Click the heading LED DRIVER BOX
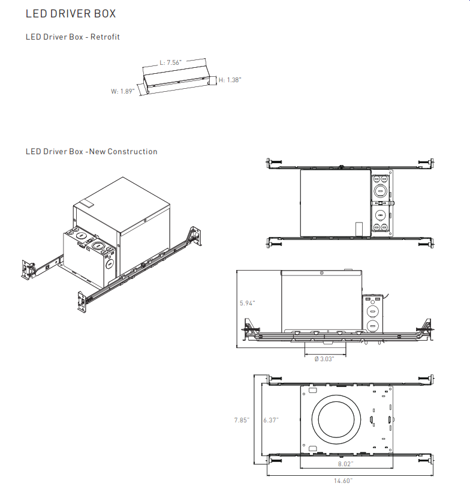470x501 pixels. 71,13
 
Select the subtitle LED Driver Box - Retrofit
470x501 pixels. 73,37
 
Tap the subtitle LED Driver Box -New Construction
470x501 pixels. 91,152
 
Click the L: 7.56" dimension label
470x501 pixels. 170,62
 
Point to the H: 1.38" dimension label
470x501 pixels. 230,80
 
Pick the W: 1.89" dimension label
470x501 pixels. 122,92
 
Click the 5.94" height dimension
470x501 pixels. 246,303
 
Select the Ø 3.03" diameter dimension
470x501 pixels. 324,359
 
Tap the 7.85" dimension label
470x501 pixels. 242,420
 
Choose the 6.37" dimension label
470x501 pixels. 271,420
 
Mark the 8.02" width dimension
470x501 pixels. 345,464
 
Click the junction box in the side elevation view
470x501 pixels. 372,312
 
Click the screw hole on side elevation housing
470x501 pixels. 323,273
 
